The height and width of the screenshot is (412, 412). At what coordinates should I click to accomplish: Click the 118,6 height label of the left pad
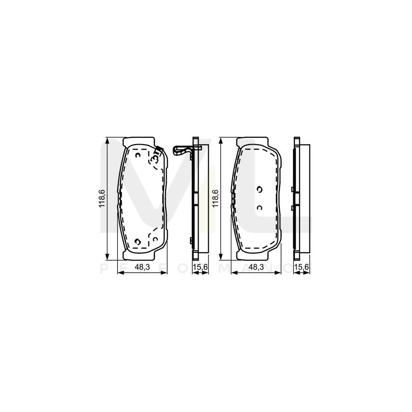click(102, 198)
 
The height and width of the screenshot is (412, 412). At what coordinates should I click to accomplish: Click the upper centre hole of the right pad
click(259, 190)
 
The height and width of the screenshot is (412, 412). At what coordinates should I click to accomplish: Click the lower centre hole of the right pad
click(259, 208)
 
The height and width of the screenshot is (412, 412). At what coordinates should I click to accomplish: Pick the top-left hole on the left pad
click(138, 156)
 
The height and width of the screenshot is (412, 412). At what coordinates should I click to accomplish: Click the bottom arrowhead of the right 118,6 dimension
click(221, 257)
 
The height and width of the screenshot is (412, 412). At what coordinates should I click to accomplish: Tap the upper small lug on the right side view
click(292, 189)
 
